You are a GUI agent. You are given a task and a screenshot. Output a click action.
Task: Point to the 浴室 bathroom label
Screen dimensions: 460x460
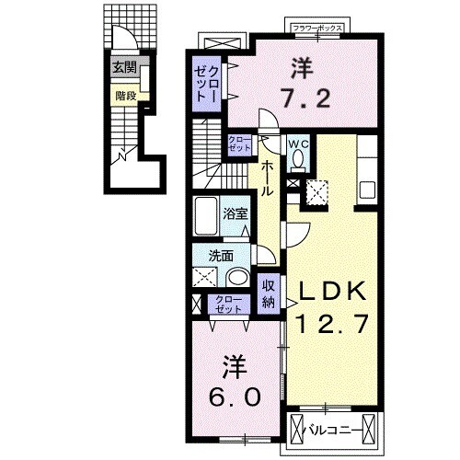235,214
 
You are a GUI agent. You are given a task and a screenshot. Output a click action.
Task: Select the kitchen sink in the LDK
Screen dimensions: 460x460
366,192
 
